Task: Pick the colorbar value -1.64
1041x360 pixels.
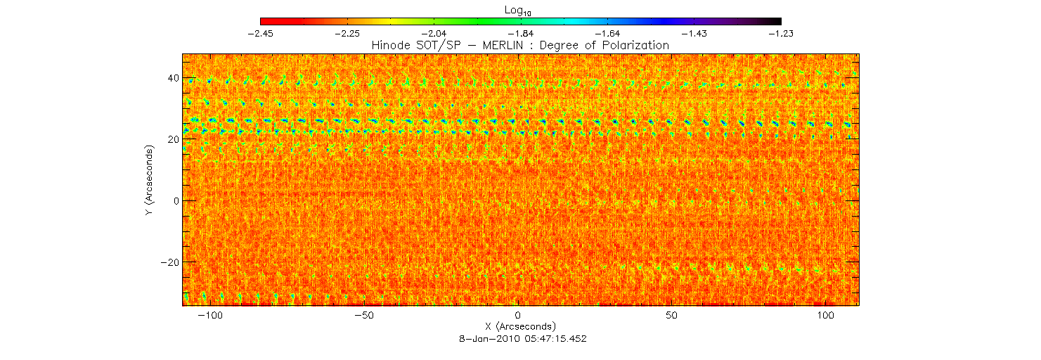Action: point(608,33)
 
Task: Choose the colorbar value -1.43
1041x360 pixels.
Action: point(694,33)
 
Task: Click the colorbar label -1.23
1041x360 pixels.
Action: point(781,33)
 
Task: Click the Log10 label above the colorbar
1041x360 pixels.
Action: point(521,11)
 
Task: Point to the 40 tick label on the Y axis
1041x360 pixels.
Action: point(169,78)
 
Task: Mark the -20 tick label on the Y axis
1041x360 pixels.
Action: point(167,262)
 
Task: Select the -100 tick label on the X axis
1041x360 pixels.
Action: point(212,314)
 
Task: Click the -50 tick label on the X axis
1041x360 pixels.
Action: point(366,314)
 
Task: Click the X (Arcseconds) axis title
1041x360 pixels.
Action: point(520,327)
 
